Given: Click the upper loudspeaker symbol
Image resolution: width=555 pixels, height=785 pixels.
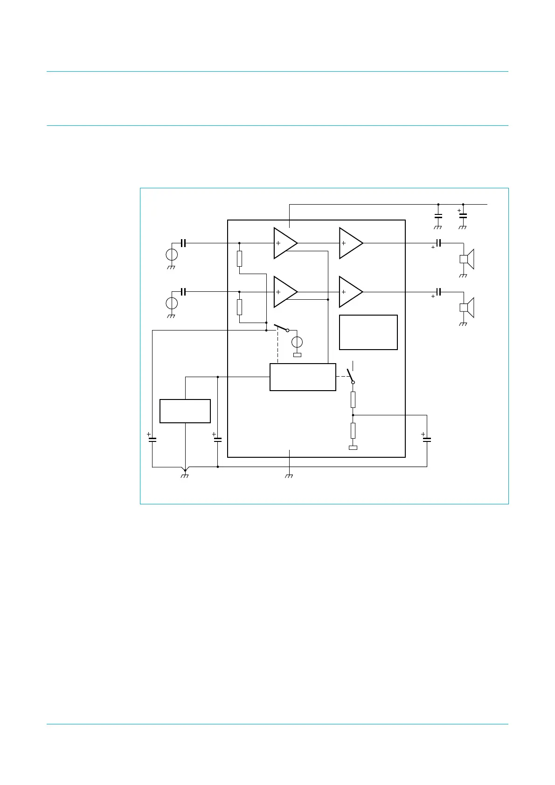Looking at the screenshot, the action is pos(466,259).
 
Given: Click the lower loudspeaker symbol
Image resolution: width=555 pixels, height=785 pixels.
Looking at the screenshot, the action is pos(466,307).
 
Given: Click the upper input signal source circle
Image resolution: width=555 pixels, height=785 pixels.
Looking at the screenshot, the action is pos(172,255).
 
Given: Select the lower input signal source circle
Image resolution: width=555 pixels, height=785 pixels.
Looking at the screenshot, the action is pos(172,303).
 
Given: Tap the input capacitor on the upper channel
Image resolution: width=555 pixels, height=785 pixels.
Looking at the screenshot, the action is pos(183,243).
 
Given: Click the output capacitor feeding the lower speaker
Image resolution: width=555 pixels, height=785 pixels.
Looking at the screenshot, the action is pos(438,292).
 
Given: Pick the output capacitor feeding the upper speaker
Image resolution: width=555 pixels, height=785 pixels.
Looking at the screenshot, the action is pos(438,243).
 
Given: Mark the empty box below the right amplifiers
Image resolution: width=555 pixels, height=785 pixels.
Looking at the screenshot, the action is pos(368,332).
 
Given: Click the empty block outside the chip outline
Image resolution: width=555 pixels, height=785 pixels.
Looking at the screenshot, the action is pos(185,411).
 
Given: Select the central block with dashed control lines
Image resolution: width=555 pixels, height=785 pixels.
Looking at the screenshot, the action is pos(303,377).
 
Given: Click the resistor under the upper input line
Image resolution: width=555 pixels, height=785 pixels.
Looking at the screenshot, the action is pos(239,259).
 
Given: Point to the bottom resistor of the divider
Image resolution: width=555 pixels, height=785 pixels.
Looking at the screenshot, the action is pos(353,431).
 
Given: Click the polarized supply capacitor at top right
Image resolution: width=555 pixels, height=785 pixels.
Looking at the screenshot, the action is pos(463,215).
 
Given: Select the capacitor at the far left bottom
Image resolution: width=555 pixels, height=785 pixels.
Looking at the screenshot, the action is pos(152,439).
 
